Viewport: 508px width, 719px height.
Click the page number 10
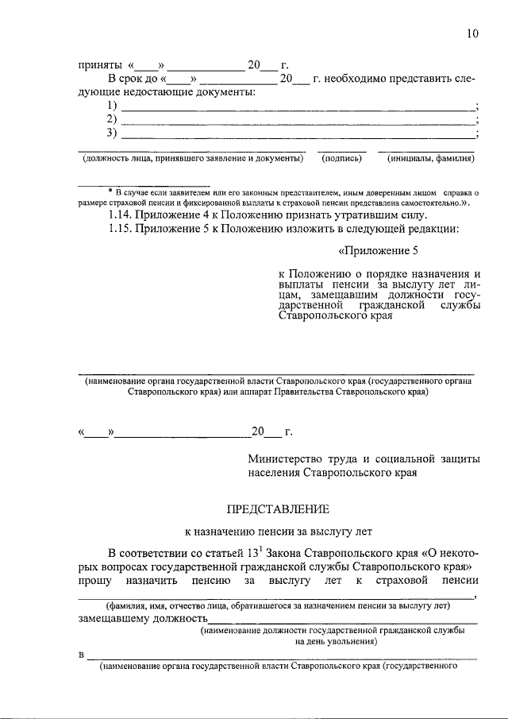tap(473, 33)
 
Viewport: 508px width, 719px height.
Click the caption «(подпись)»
tap(342, 159)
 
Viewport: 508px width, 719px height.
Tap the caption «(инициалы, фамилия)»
tap(430, 159)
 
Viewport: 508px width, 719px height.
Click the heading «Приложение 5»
tap(378, 253)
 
